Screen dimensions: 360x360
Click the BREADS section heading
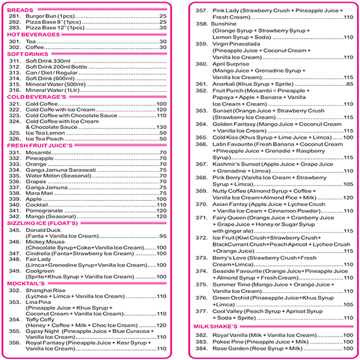point(20,10)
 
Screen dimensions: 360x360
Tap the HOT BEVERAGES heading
point(33,34)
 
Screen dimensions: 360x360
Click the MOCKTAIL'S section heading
point(26,283)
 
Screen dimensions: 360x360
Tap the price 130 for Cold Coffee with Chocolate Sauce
point(162,127)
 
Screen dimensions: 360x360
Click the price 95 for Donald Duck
point(163,236)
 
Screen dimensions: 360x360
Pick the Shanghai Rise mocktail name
point(45,290)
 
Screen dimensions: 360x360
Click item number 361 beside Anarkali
point(202,84)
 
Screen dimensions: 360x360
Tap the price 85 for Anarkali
point(349,84)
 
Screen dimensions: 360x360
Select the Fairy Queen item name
point(230,218)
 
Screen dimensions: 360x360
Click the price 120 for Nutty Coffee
point(348,198)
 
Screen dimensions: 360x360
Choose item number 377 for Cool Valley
point(202,311)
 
